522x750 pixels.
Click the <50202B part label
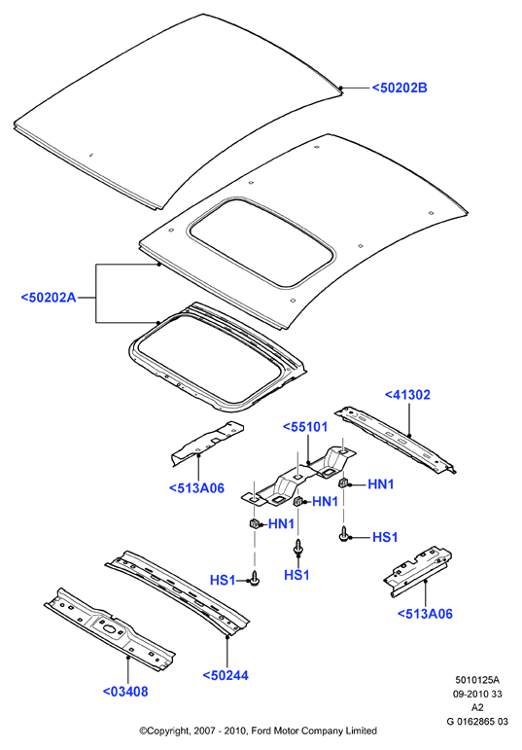tap(400, 88)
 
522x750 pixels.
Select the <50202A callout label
tap(49, 298)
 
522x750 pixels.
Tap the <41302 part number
tap(407, 395)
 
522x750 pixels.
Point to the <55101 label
tap(305, 427)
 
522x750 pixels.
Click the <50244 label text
tap(226, 675)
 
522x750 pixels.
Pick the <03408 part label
tap(125, 692)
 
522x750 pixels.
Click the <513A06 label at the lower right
tap(425, 614)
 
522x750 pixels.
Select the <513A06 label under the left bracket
tap(196, 488)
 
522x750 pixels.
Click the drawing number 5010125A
tap(477, 680)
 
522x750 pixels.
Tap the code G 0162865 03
tap(477, 721)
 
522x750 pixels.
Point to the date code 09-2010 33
tap(477, 694)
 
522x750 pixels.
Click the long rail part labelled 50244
tap(177, 593)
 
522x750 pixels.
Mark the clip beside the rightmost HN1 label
tap(343, 482)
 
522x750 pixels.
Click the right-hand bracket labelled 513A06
tap(418, 572)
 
